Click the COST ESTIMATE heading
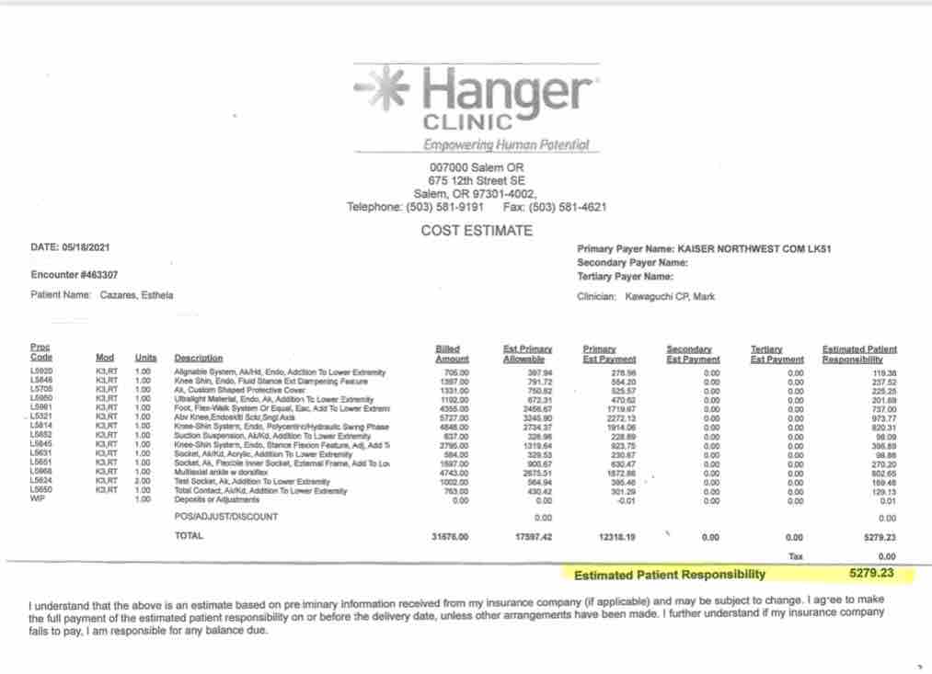477,231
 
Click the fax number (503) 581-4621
569,207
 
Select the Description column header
198,358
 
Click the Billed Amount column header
452,353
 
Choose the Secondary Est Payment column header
693,353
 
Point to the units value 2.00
142,482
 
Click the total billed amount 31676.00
450,536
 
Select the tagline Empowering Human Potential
505,144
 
